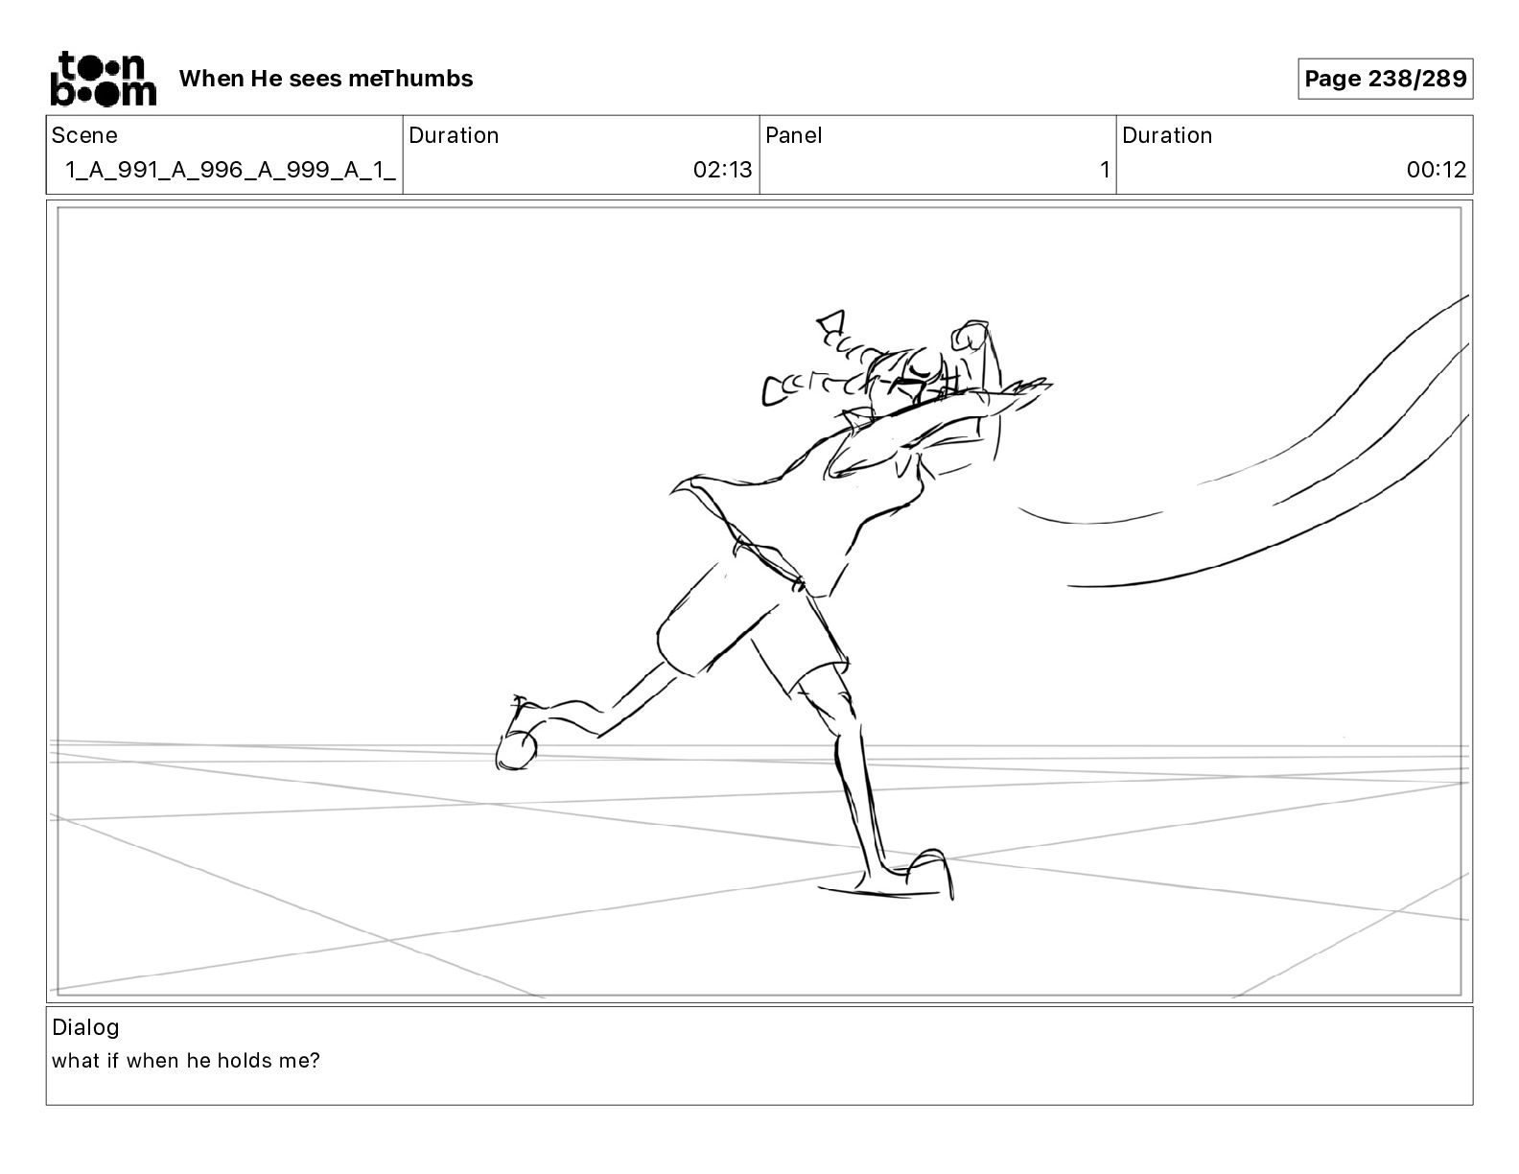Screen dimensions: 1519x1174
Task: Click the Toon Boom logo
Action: click(x=103, y=79)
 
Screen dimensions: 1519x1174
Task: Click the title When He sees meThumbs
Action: click(x=326, y=79)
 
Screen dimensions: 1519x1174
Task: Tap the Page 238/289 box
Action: click(x=1385, y=79)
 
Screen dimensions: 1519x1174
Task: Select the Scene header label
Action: click(x=84, y=135)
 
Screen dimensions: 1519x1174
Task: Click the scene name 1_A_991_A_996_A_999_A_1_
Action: click(x=230, y=171)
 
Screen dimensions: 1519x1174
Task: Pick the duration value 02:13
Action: click(x=722, y=171)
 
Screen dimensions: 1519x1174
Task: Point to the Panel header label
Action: click(x=793, y=135)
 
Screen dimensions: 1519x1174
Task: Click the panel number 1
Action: click(x=1104, y=171)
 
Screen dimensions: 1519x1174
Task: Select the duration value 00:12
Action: click(x=1436, y=171)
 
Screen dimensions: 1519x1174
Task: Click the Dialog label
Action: click(x=85, y=1027)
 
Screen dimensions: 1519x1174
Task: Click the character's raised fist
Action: click(x=969, y=337)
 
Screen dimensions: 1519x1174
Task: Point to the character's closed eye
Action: click(x=921, y=365)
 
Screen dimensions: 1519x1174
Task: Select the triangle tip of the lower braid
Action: click(x=773, y=390)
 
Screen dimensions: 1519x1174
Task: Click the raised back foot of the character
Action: click(x=517, y=745)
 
